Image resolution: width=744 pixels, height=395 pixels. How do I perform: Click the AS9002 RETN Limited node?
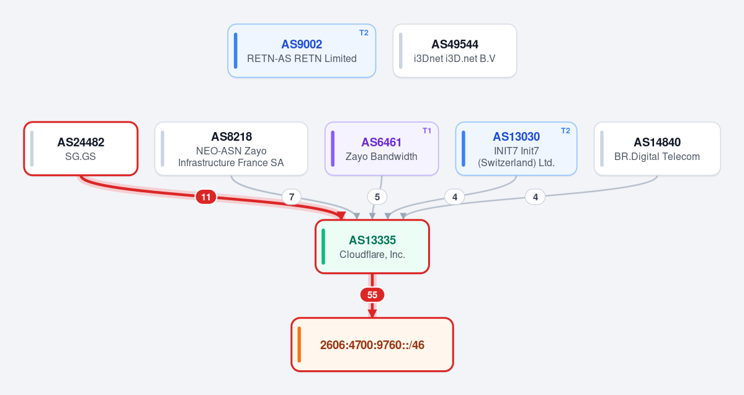[302, 51]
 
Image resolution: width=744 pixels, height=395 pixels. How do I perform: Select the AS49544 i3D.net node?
[455, 51]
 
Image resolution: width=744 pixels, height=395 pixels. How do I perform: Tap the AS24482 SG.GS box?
[81, 149]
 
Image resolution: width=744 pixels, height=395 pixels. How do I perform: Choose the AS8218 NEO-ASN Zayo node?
[231, 149]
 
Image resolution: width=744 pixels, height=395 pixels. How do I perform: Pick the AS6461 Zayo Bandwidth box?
[382, 149]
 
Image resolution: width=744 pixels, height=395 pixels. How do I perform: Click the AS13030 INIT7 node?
[516, 149]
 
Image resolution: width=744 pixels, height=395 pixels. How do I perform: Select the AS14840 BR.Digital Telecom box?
[657, 149]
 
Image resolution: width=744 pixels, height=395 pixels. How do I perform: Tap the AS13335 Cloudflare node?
[372, 247]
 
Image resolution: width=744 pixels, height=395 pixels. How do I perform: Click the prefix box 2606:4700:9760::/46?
[372, 345]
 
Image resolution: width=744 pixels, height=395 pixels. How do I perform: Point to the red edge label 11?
[206, 197]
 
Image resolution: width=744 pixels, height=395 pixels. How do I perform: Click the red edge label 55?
[372, 295]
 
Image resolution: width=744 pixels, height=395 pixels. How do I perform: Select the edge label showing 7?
[292, 197]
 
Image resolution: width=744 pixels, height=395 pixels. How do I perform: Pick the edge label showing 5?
[377, 197]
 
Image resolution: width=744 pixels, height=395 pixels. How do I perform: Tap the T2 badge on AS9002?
[364, 33]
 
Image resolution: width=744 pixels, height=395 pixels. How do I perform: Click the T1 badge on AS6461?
[427, 131]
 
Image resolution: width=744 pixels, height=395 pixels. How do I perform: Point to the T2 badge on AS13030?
[565, 131]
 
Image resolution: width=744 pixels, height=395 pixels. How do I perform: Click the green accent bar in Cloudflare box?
[323, 247]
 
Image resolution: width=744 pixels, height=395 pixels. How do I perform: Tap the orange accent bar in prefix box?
[299, 345]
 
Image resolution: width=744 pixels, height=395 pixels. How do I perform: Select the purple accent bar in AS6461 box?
[333, 149]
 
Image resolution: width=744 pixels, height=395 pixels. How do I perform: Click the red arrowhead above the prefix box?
[372, 313]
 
